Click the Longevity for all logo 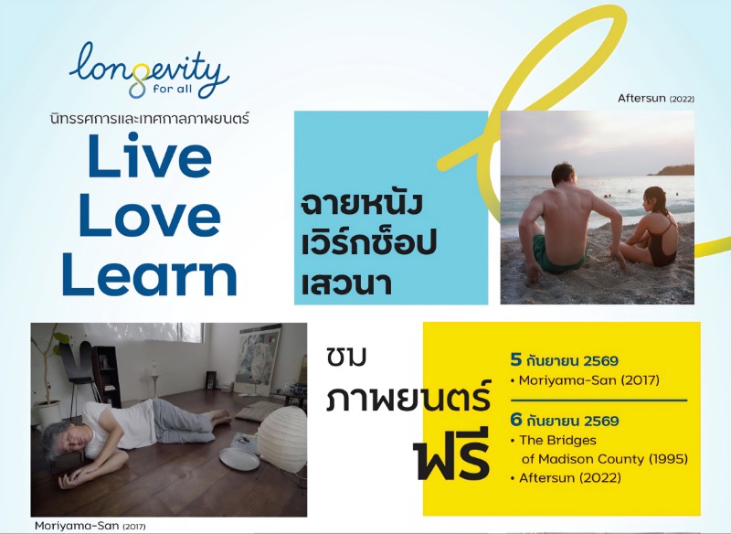[149, 71]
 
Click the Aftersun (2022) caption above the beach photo [655, 99]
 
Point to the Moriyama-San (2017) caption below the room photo [90, 526]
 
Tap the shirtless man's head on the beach [564, 175]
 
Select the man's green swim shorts [556, 255]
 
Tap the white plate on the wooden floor [239, 459]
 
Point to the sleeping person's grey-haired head [63, 441]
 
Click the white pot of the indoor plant [48, 413]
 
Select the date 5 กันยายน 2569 [564, 360]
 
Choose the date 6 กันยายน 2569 [564, 421]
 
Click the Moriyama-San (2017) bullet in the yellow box [585, 380]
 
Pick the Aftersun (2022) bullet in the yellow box [566, 478]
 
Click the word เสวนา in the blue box [346, 283]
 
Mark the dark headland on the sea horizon [672, 170]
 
